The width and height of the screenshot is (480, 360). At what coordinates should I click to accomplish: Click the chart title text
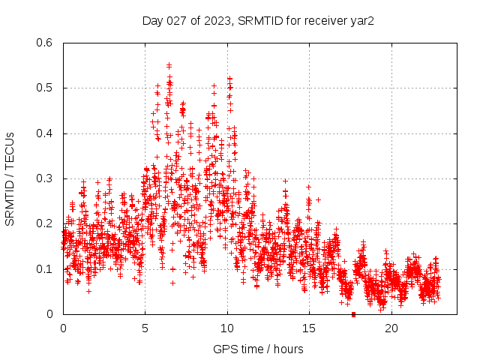(258, 20)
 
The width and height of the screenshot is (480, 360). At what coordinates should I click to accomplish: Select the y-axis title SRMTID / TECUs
(10, 178)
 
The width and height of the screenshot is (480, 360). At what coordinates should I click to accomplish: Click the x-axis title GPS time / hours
(258, 349)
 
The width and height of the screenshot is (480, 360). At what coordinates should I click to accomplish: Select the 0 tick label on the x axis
(63, 328)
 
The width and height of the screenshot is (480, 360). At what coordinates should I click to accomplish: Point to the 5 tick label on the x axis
(145, 328)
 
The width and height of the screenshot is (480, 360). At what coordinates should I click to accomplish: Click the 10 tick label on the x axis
(226, 328)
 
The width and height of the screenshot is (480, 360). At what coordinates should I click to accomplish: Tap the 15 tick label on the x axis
(308, 328)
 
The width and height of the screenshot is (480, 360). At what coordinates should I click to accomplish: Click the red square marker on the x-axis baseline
(353, 314)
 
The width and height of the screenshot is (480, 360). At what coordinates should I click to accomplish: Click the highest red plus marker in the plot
(169, 65)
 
